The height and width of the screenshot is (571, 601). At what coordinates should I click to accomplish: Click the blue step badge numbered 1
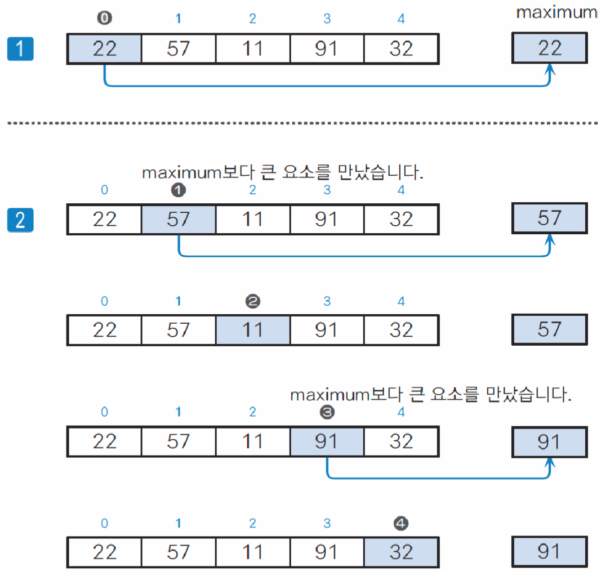(x=20, y=49)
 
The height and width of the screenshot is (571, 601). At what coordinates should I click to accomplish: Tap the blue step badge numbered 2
(x=20, y=220)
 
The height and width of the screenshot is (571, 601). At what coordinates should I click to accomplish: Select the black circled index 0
(x=105, y=18)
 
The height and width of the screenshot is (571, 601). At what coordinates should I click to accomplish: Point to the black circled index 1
(x=178, y=190)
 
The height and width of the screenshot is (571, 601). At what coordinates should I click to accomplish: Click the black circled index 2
(x=252, y=301)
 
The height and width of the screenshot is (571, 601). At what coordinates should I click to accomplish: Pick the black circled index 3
(x=327, y=412)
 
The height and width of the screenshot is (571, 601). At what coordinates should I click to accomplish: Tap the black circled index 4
(x=400, y=524)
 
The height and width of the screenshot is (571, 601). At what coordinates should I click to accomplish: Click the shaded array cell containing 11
(x=253, y=329)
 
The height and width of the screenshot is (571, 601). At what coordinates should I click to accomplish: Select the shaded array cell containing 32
(x=400, y=552)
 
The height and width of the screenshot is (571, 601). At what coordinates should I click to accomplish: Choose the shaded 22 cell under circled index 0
(x=104, y=49)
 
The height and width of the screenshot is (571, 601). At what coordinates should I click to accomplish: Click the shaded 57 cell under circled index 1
(x=179, y=219)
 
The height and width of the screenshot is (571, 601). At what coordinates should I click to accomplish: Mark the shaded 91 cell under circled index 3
(x=327, y=441)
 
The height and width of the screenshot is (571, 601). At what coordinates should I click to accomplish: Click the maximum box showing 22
(x=550, y=48)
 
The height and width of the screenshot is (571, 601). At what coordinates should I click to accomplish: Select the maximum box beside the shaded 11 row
(x=550, y=329)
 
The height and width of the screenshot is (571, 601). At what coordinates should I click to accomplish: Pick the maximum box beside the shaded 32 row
(x=550, y=551)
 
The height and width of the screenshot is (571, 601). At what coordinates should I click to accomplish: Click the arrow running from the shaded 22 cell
(x=327, y=86)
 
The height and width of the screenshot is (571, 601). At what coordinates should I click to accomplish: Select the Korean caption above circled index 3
(x=430, y=395)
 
